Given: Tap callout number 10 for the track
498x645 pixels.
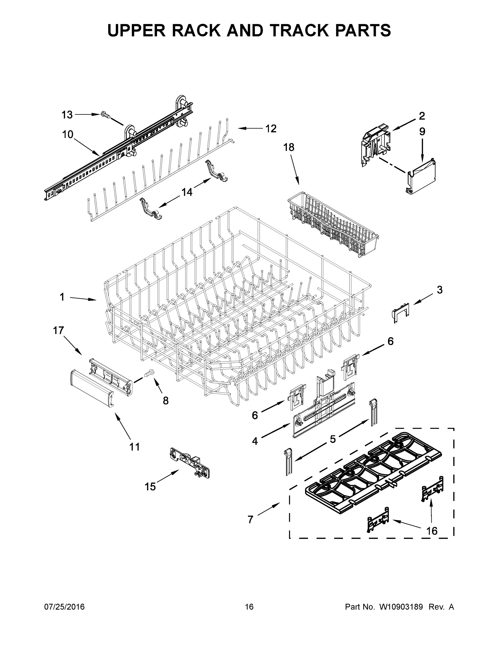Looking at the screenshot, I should click(x=68, y=134).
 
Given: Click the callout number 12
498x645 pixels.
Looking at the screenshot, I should click(x=271, y=128).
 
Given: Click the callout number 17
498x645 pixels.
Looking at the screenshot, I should click(x=59, y=330).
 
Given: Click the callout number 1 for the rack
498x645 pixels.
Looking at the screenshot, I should click(x=62, y=297).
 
